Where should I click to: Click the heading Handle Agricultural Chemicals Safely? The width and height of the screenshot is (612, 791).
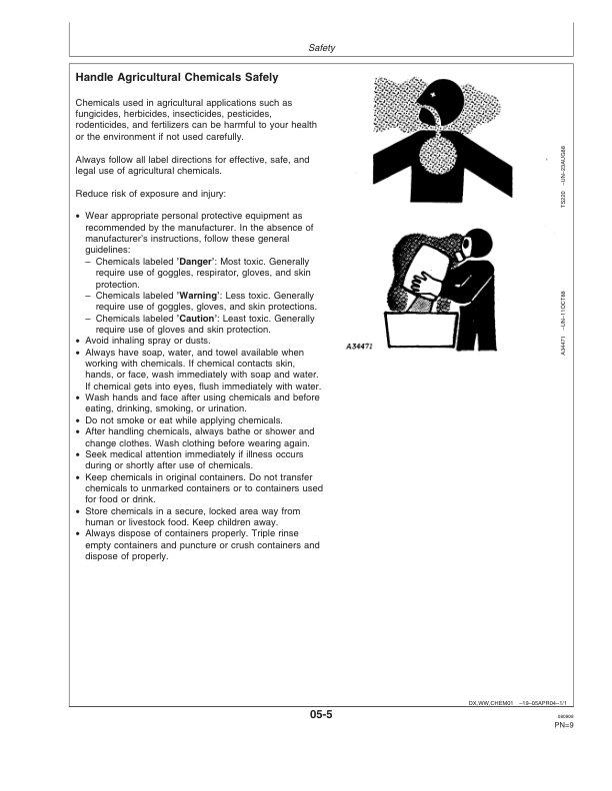(x=176, y=77)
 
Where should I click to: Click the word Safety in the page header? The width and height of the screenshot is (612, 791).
(x=322, y=47)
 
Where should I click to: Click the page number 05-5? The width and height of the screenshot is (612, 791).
(x=322, y=715)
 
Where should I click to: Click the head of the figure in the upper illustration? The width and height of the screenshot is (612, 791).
(x=440, y=103)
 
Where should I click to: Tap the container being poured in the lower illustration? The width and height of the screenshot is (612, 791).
(x=419, y=275)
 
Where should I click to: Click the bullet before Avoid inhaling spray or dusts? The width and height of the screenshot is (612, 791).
(x=78, y=341)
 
